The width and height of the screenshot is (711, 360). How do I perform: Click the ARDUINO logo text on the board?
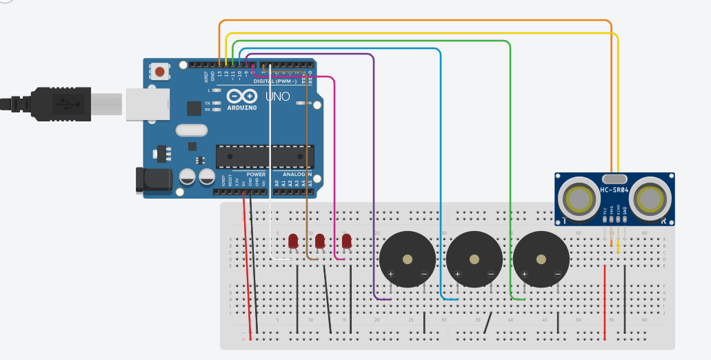(241, 108)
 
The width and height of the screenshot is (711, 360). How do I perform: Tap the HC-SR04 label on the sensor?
(614, 190)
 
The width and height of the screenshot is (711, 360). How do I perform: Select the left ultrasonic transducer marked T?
(581, 199)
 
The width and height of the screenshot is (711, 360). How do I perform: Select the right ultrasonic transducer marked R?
(650, 199)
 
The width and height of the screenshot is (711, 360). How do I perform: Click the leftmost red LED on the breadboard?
(293, 241)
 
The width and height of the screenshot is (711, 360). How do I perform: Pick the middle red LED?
(320, 241)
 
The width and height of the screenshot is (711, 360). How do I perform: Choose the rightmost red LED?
(347, 241)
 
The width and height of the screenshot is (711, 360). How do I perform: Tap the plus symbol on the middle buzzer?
(457, 274)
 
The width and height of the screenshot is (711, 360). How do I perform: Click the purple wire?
(374, 172)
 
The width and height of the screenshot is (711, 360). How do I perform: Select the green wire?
(510, 172)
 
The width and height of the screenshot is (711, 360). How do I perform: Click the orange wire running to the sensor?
(414, 21)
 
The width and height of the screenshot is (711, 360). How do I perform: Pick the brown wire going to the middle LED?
(306, 172)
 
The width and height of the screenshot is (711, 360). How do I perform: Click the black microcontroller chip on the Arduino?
(264, 157)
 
